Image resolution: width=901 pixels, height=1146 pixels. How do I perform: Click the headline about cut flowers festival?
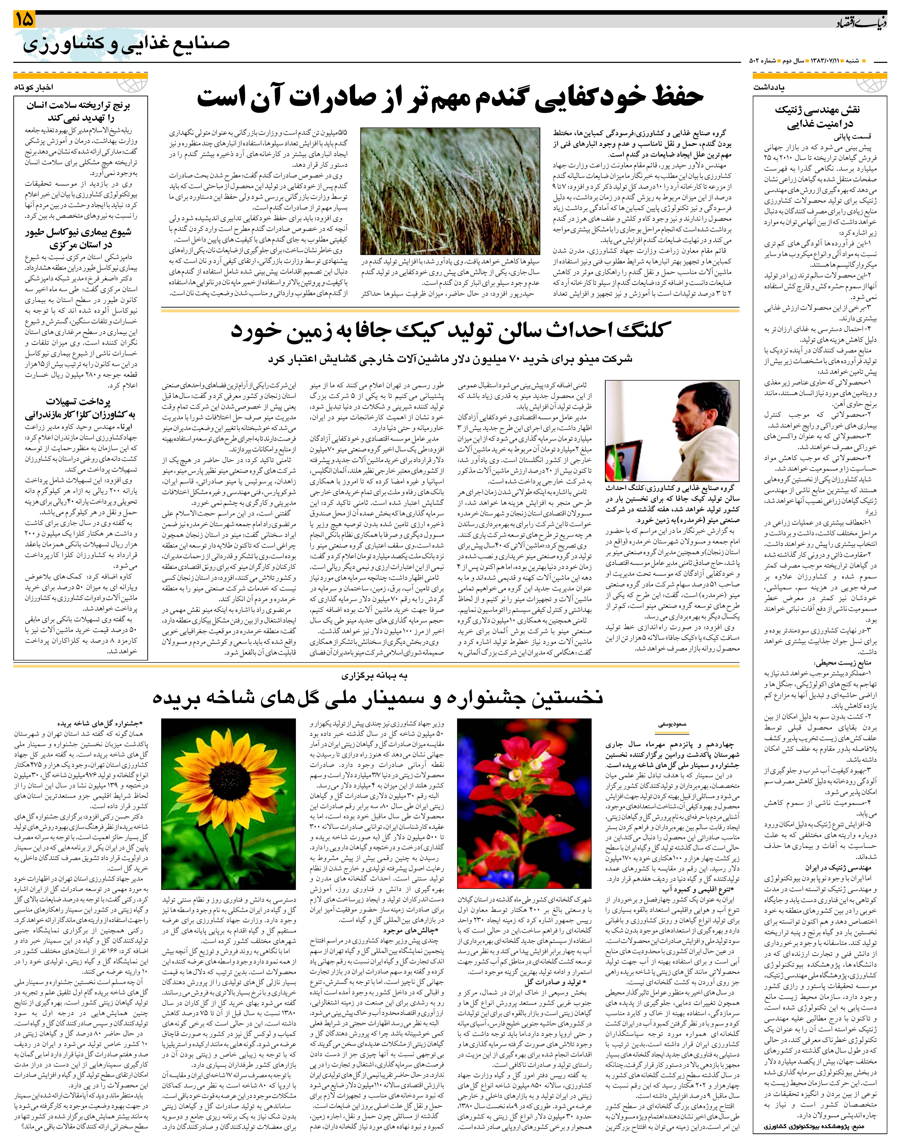coord(377,698)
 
